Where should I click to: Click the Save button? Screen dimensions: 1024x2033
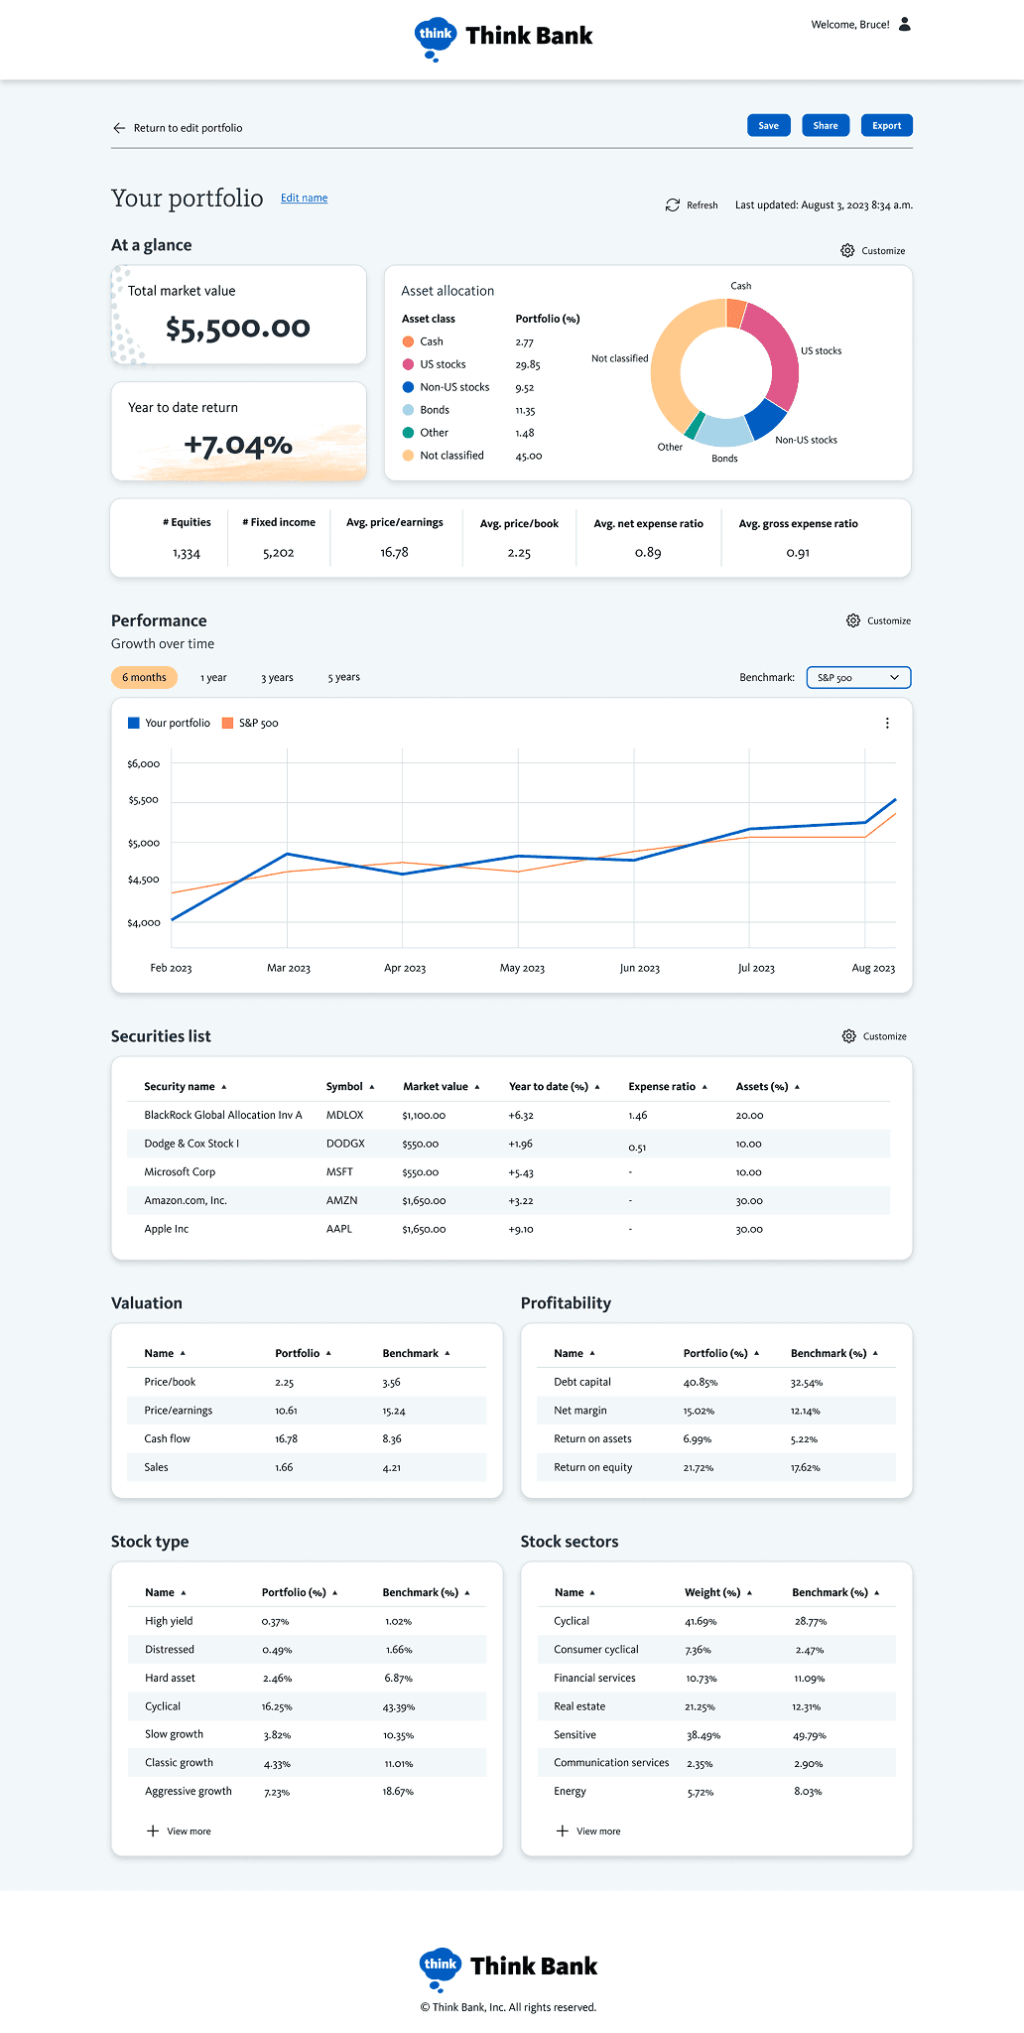[768, 126]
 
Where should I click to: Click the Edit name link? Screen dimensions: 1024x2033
[304, 199]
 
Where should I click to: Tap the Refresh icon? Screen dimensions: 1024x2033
[673, 205]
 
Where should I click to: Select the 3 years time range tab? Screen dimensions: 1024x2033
[277, 678]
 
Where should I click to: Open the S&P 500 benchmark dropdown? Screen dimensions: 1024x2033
[858, 678]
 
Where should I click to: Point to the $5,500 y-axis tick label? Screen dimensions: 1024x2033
[143, 800]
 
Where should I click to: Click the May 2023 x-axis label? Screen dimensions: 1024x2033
[522, 968]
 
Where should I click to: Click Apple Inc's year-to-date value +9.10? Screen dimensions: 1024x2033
[521, 1230]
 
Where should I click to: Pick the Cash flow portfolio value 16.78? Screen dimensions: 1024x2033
[286, 1439]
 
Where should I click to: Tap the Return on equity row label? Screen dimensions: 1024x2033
[592, 1468]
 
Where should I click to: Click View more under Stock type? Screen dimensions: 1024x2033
[179, 1831]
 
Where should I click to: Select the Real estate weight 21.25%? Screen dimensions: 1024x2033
[700, 1707]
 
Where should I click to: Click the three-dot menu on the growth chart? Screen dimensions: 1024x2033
[887, 724]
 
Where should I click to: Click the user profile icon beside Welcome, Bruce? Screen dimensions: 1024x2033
[905, 25]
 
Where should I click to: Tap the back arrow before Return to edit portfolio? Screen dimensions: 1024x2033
[119, 128]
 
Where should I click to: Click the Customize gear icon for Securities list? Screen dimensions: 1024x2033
[848, 1036]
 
